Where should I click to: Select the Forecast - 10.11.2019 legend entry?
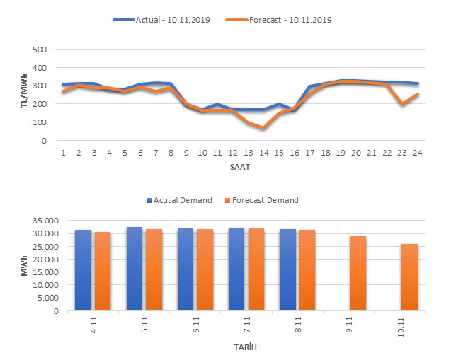(290, 20)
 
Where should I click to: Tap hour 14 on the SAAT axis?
(263, 153)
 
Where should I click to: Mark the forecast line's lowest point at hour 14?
(263, 128)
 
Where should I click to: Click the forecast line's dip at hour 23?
(401, 104)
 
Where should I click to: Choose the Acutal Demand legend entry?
(180, 200)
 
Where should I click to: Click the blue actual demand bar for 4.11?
(83, 269)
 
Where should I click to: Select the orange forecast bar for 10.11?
(409, 277)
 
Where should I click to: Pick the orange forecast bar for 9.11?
(358, 272)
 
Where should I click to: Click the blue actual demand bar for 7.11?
(236, 268)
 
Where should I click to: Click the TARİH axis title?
(246, 347)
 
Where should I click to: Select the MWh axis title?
(24, 265)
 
